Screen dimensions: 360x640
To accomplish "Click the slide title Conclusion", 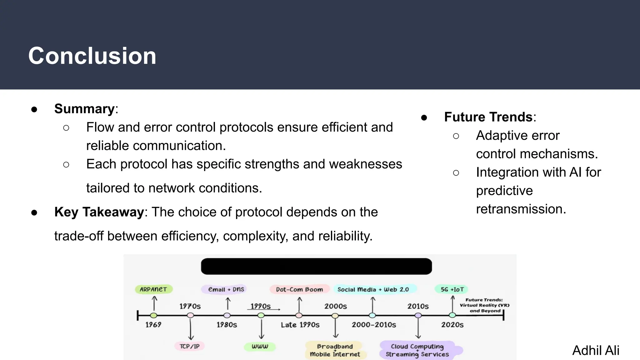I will (x=92, y=56).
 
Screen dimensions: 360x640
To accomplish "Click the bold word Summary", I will (x=84, y=109).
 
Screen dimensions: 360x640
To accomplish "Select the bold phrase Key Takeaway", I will (x=99, y=212).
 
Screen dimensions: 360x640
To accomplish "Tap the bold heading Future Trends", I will (x=488, y=117).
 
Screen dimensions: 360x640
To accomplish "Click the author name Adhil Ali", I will (x=596, y=350).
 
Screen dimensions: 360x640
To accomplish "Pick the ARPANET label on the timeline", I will (x=153, y=289).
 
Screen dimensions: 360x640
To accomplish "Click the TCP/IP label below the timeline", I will (x=189, y=346).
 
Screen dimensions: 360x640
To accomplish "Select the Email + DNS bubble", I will (x=226, y=289).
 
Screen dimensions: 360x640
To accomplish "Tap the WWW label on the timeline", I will (x=260, y=346).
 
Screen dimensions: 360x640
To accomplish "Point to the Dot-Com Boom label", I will (x=299, y=289).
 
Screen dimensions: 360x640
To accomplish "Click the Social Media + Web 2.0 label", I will (x=373, y=289).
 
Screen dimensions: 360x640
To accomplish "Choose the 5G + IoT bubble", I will (x=452, y=289).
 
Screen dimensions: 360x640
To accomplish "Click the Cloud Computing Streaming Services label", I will (x=417, y=350).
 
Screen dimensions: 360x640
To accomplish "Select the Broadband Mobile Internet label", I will (x=335, y=350).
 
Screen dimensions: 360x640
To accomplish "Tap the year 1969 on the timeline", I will (x=153, y=325).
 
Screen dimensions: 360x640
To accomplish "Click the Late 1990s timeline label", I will (x=300, y=325).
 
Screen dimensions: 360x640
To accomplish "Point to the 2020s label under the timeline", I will (x=452, y=325).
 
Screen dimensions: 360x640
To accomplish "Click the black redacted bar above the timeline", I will (x=316, y=266).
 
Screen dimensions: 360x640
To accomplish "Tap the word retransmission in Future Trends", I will (x=521, y=209).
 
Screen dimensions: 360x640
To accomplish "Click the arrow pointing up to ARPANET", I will (x=154, y=303).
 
